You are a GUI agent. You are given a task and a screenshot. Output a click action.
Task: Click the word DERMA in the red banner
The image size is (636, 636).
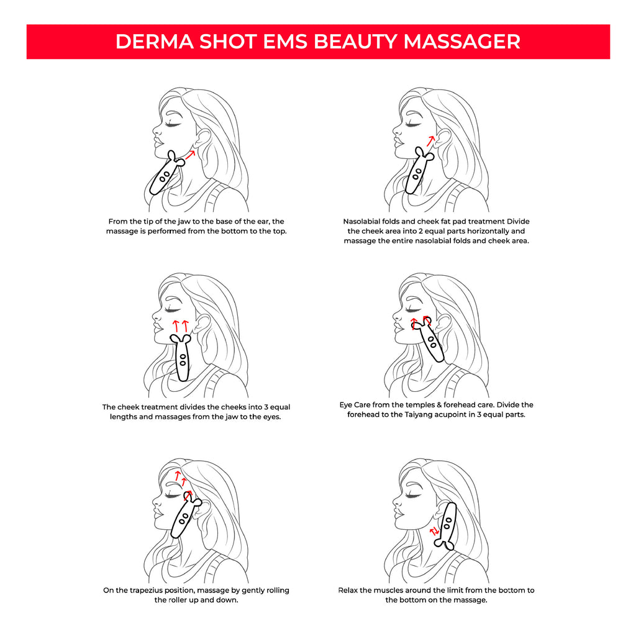pos(155,42)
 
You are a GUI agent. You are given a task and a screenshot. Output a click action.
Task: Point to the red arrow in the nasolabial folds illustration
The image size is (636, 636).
pos(430,141)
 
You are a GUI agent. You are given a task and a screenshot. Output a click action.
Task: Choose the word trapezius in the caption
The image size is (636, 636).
pos(147,590)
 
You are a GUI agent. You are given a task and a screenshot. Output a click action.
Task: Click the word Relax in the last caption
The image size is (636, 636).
pos(348,590)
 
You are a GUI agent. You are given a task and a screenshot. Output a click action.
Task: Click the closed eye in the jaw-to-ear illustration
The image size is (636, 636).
pos(173,124)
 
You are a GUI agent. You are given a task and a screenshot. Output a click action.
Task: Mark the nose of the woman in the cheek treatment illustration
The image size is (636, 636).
pos(156,315)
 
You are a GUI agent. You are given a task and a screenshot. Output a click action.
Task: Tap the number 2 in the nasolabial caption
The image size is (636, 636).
pos(420,231)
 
